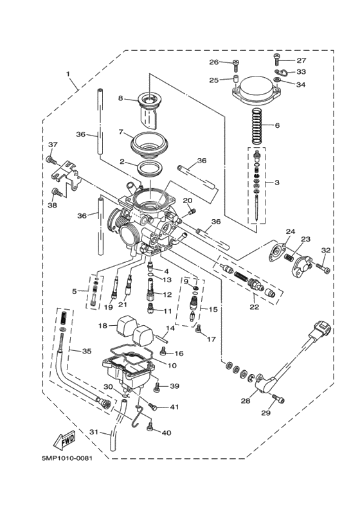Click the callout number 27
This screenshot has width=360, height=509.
click(x=301, y=60)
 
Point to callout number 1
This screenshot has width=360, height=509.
click(x=67, y=74)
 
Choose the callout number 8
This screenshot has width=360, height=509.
click(x=120, y=98)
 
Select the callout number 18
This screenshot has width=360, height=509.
click(x=103, y=326)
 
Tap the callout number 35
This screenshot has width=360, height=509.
click(x=86, y=352)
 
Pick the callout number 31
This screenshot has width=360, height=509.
click(x=94, y=432)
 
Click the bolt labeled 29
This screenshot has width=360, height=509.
click(x=277, y=400)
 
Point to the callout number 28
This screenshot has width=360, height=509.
click(x=245, y=401)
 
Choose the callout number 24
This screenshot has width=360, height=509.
click(x=290, y=231)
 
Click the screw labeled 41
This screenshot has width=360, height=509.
click(x=152, y=406)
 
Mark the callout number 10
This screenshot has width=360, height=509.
click(x=172, y=365)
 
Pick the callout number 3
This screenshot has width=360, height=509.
click(x=276, y=183)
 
